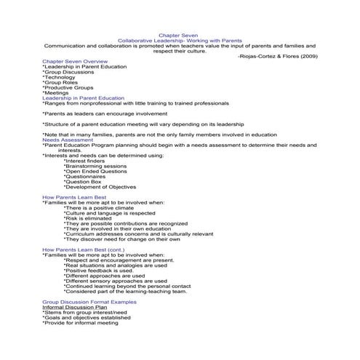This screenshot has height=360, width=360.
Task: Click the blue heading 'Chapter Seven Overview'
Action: [75, 62]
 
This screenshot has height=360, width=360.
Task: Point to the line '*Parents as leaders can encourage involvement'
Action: [105, 114]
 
